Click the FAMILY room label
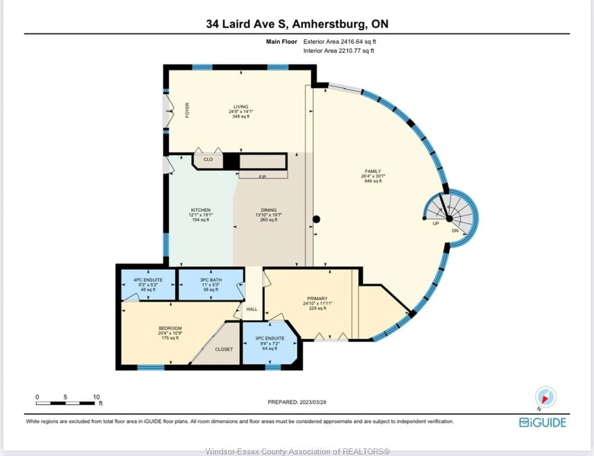(373, 171)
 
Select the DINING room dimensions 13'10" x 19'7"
(269, 215)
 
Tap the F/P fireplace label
(262, 177)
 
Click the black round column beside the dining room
(316, 219)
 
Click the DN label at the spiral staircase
(455, 231)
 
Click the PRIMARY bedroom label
(317, 298)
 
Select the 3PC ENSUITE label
(270, 338)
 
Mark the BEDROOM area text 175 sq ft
(170, 338)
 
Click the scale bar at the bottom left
(65, 403)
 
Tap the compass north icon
(545, 397)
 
